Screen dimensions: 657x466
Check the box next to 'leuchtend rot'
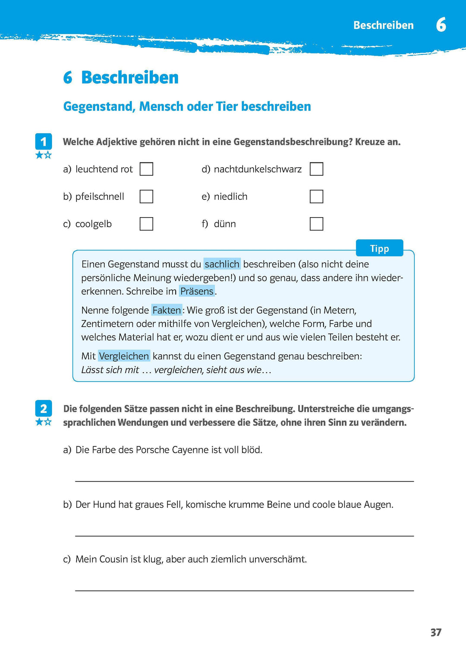click(x=146, y=169)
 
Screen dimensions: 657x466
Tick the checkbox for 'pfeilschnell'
click(x=146, y=196)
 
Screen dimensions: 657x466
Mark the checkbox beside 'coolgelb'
click(x=146, y=224)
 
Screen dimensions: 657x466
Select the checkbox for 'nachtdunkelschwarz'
click(x=316, y=169)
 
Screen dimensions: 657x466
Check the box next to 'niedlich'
click(x=316, y=196)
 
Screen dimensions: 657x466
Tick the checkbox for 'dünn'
click(x=316, y=224)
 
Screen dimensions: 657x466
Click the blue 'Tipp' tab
click(x=379, y=248)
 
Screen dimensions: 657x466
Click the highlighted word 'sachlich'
click(x=222, y=264)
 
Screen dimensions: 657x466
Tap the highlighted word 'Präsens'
click(x=197, y=291)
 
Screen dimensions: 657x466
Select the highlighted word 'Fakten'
click(x=167, y=310)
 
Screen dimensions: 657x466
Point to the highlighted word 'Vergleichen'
click(x=124, y=356)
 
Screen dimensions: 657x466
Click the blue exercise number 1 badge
click(x=44, y=142)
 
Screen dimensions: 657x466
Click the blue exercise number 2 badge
click(x=44, y=408)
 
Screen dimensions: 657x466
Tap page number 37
click(x=436, y=632)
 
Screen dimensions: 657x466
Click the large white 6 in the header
click(x=441, y=25)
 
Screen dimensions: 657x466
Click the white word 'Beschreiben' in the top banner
click(x=383, y=25)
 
